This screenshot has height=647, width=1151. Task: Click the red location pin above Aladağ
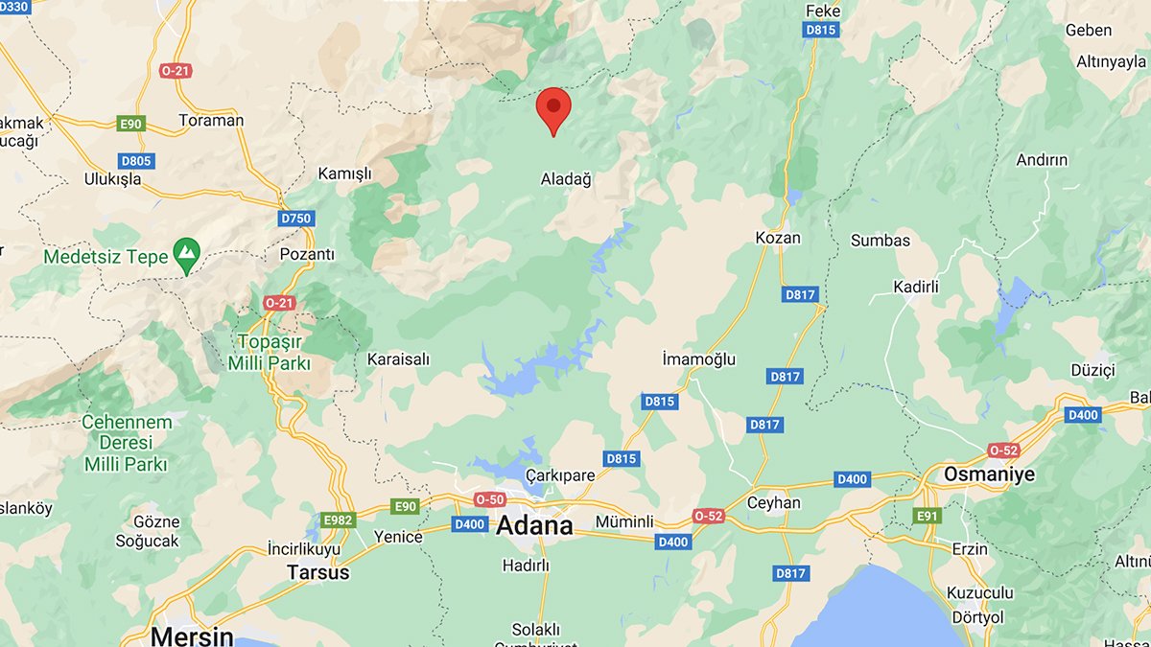pos(553,109)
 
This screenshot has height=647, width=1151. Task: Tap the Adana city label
pos(534,525)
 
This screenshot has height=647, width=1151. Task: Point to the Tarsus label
pos(318,572)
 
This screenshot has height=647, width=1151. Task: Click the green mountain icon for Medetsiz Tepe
pos(185,253)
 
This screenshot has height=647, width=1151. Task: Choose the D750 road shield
pos(296,219)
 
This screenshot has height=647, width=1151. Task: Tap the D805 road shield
pos(136,161)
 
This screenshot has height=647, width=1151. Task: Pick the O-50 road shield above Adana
pos(490,499)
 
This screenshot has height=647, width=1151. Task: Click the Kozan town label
pos(778,238)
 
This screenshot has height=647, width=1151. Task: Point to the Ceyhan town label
pos(774,502)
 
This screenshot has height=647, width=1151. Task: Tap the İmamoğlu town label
pos(699,359)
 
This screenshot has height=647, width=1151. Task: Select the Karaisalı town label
pos(399,359)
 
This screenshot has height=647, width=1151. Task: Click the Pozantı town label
pos(306,254)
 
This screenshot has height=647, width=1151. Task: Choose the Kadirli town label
pos(915,287)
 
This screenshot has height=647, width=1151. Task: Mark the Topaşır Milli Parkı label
pos(270,352)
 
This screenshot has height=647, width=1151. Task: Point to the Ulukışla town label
pos(112,179)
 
